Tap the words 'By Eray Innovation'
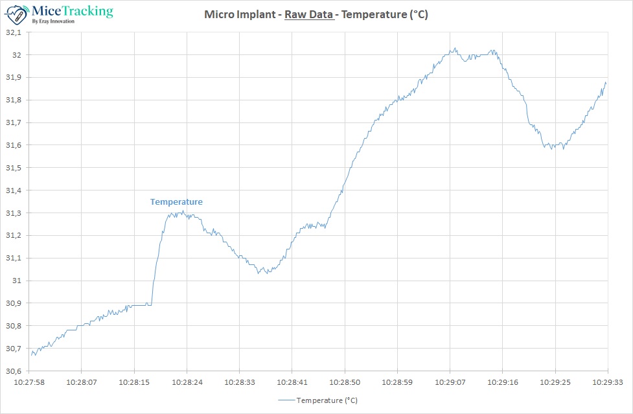pyautogui.click(x=53, y=21)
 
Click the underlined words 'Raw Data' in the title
pyautogui.click(x=308, y=14)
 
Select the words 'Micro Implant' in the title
pyautogui.click(x=238, y=14)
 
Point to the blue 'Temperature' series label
pyautogui.click(x=176, y=202)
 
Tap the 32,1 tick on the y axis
pyautogui.click(x=14, y=32)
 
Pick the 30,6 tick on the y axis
pyautogui.click(x=14, y=371)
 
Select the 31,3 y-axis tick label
pyautogui.click(x=14, y=213)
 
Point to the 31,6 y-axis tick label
pyautogui.click(x=14, y=145)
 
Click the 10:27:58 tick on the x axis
pyautogui.click(x=29, y=383)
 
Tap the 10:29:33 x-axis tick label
pyautogui.click(x=607, y=383)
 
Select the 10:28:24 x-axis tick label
pyautogui.click(x=187, y=383)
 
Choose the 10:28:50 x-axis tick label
pyautogui.click(x=345, y=383)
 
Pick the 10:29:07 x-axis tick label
pyautogui.click(x=450, y=383)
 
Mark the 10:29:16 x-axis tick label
pyautogui.click(x=502, y=383)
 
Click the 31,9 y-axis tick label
pyautogui.click(x=14, y=78)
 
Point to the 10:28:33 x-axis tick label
pyautogui.click(x=239, y=383)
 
